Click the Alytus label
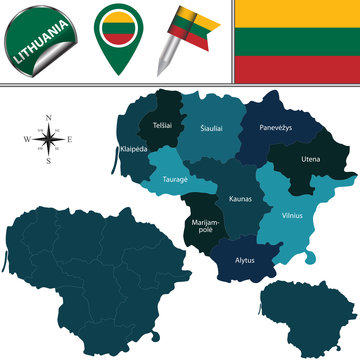(244, 262)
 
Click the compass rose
(49, 140)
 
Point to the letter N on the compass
(49, 119)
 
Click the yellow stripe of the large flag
(297, 14)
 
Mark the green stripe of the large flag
(297, 42)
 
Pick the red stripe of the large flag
(297, 69)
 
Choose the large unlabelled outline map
(80, 270)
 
